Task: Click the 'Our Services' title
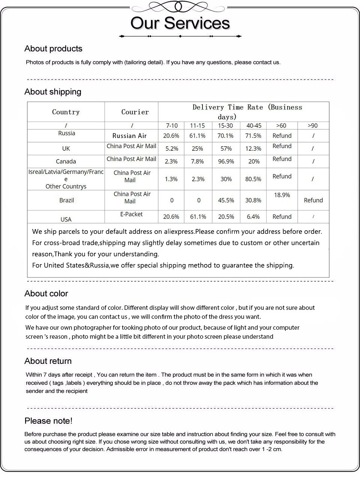(180, 23)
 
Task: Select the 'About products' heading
(53, 49)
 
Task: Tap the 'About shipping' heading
(53, 92)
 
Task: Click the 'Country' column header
(66, 112)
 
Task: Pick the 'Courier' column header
(135, 112)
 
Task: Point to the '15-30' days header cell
(225, 126)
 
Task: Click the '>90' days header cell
(312, 126)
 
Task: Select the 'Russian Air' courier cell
(130, 136)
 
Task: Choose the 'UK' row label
(66, 149)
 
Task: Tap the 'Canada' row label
(66, 161)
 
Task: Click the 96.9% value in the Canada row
(226, 161)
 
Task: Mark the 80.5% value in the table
(253, 179)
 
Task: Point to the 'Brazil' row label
(67, 200)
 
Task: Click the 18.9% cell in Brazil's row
(282, 195)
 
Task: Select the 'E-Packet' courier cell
(131, 214)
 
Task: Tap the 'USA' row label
(66, 219)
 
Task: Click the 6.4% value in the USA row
(253, 217)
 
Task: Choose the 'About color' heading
(46, 294)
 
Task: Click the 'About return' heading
(48, 361)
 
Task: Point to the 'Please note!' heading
(48, 421)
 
